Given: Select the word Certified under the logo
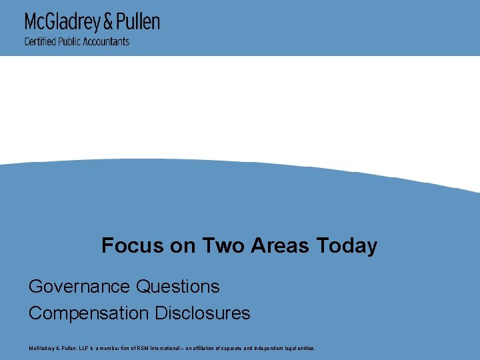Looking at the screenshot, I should pyautogui.click(x=39, y=41).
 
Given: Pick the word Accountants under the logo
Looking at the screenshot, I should pyautogui.click(x=107, y=41).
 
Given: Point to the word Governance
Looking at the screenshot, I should pyautogui.click(x=79, y=287).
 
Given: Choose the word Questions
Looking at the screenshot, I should pyautogui.click(x=178, y=287).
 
